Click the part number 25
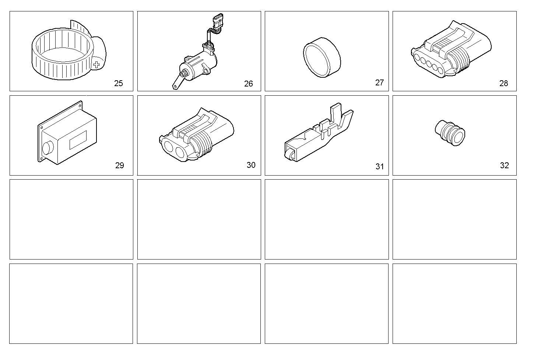point(118,83)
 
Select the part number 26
point(249,84)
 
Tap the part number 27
point(379,82)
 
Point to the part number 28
point(503,83)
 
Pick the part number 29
point(119,165)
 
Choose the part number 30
point(251,165)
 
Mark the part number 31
point(379,166)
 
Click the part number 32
point(504,165)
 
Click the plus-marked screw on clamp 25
point(97,66)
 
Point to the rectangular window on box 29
point(78,140)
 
